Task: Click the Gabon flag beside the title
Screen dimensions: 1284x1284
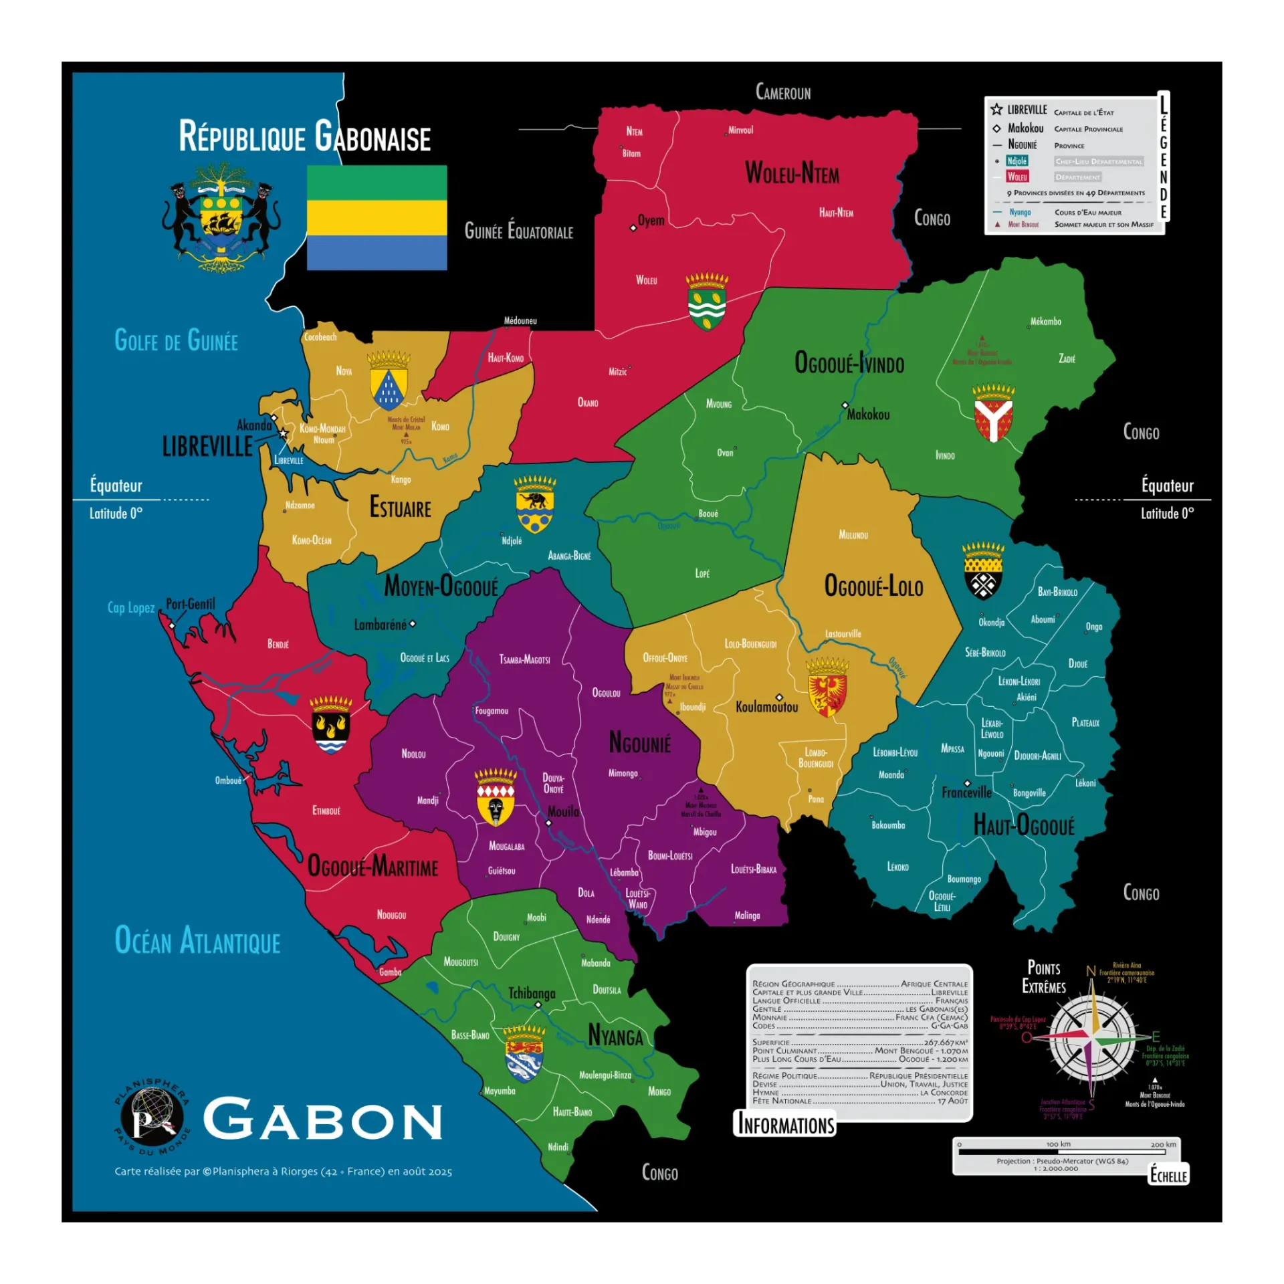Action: pyautogui.click(x=377, y=217)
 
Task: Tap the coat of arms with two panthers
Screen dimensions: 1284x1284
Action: pyautogui.click(x=221, y=217)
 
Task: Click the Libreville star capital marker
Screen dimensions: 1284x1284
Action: pyautogui.click(x=284, y=433)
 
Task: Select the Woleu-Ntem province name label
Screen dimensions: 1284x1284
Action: pyautogui.click(x=792, y=173)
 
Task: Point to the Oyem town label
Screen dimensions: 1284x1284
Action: pyautogui.click(x=651, y=221)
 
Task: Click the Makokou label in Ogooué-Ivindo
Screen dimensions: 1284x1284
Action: pyautogui.click(x=868, y=415)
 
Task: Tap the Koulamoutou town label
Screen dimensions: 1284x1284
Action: pyautogui.click(x=766, y=707)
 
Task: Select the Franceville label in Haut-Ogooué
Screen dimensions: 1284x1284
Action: pyautogui.click(x=966, y=792)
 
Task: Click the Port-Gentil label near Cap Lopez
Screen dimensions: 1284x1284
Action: pyautogui.click(x=191, y=604)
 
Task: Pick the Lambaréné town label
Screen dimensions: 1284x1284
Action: pyautogui.click(x=380, y=625)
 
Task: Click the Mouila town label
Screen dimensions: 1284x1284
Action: pyautogui.click(x=563, y=811)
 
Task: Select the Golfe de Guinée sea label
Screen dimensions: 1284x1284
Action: pyautogui.click(x=176, y=340)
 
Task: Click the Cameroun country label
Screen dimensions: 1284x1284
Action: pyautogui.click(x=782, y=92)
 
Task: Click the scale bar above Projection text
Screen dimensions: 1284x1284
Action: pyautogui.click(x=1066, y=1152)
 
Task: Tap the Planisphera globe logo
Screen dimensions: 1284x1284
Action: pyautogui.click(x=152, y=1117)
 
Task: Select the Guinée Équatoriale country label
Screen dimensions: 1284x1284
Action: pyautogui.click(x=518, y=231)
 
